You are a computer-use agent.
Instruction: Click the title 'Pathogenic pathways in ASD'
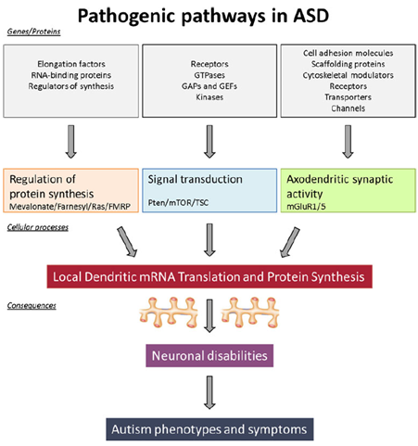[203, 16]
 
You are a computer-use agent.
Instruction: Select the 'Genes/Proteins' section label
[33, 32]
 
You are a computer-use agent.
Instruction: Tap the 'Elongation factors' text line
[71, 64]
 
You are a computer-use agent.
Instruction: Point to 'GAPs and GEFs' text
[209, 86]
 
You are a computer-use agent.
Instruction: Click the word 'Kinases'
[209, 97]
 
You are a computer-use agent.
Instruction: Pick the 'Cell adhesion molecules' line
[348, 53]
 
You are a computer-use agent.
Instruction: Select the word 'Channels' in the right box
[348, 108]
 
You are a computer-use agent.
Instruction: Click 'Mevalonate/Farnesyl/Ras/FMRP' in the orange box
[70, 207]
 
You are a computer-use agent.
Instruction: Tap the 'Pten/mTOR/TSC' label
[178, 203]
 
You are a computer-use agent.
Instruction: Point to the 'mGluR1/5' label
[306, 207]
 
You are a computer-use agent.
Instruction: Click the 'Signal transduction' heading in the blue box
[195, 179]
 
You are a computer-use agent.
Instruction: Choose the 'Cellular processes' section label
[38, 227]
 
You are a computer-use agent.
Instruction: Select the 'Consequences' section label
[32, 306]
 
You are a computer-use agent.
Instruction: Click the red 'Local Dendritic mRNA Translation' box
[209, 276]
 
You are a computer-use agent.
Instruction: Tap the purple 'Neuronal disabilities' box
[209, 356]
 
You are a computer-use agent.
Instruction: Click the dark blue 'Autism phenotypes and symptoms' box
[209, 429]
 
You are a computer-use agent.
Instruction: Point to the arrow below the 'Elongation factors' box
[71, 142]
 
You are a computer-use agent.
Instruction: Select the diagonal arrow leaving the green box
[290, 242]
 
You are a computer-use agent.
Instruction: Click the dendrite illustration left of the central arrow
[169, 312]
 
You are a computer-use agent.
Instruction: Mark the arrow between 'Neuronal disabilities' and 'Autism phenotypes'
[209, 392]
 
